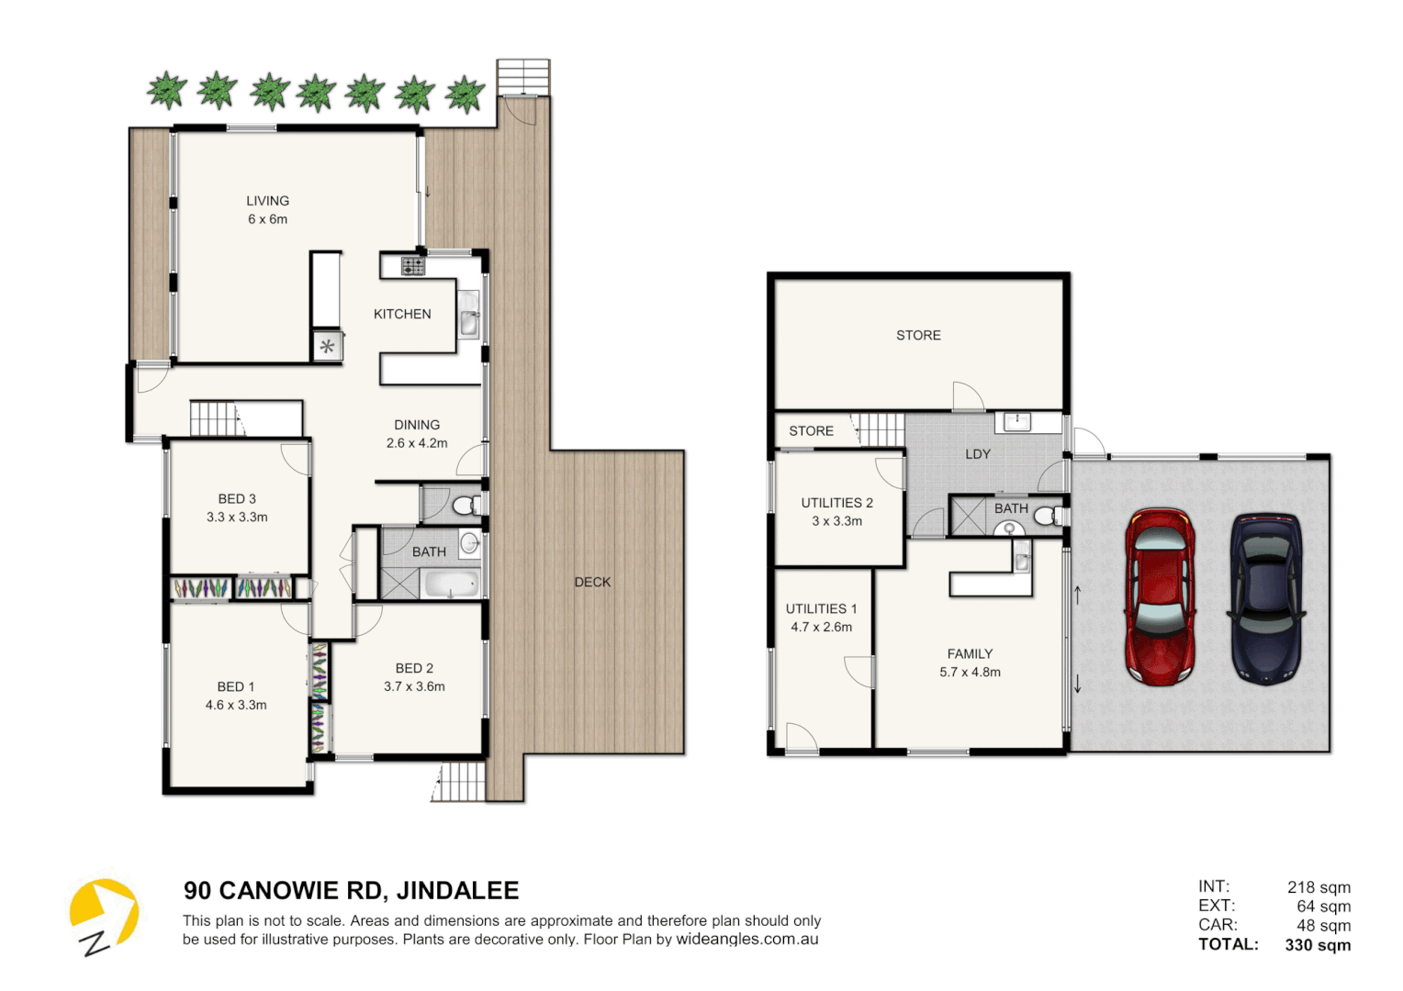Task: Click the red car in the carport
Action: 1160,596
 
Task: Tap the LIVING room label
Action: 267,201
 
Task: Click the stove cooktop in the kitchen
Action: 412,266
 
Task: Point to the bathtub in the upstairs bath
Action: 450,584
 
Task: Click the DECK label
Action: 592,582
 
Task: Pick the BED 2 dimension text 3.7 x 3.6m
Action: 414,686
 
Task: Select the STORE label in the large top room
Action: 918,336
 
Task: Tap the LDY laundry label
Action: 978,454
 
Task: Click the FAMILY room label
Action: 970,654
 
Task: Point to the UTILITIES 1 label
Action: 821,609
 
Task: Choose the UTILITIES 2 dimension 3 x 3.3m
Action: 836,521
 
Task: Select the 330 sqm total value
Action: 1318,945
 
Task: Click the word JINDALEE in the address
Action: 458,891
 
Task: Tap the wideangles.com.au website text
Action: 746,940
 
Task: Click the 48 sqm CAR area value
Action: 1323,926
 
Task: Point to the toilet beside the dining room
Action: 465,505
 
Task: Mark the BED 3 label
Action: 237,499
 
